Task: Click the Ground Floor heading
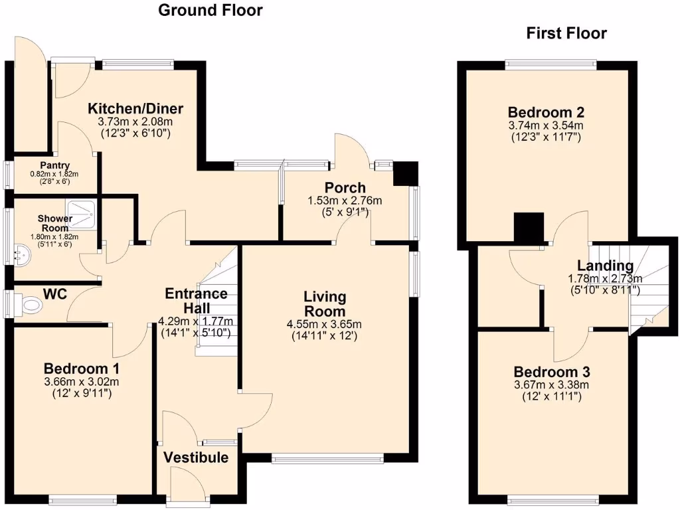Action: pyautogui.click(x=210, y=10)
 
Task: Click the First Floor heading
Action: pyautogui.click(x=566, y=33)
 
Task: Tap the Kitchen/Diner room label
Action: pyautogui.click(x=136, y=109)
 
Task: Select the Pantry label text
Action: pyautogui.click(x=50, y=165)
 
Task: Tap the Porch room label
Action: pyautogui.click(x=345, y=187)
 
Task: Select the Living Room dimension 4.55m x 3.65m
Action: pyautogui.click(x=325, y=324)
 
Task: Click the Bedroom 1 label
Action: pyautogui.click(x=82, y=368)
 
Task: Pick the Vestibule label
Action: pyautogui.click(x=196, y=458)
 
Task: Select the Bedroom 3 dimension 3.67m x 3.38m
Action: pyautogui.click(x=551, y=384)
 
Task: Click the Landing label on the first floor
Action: pyautogui.click(x=605, y=266)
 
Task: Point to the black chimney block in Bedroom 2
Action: pyautogui.click(x=529, y=228)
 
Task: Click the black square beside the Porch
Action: pyautogui.click(x=404, y=174)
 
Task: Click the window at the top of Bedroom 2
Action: pyautogui.click(x=551, y=64)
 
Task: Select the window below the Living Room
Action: pyautogui.click(x=327, y=458)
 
